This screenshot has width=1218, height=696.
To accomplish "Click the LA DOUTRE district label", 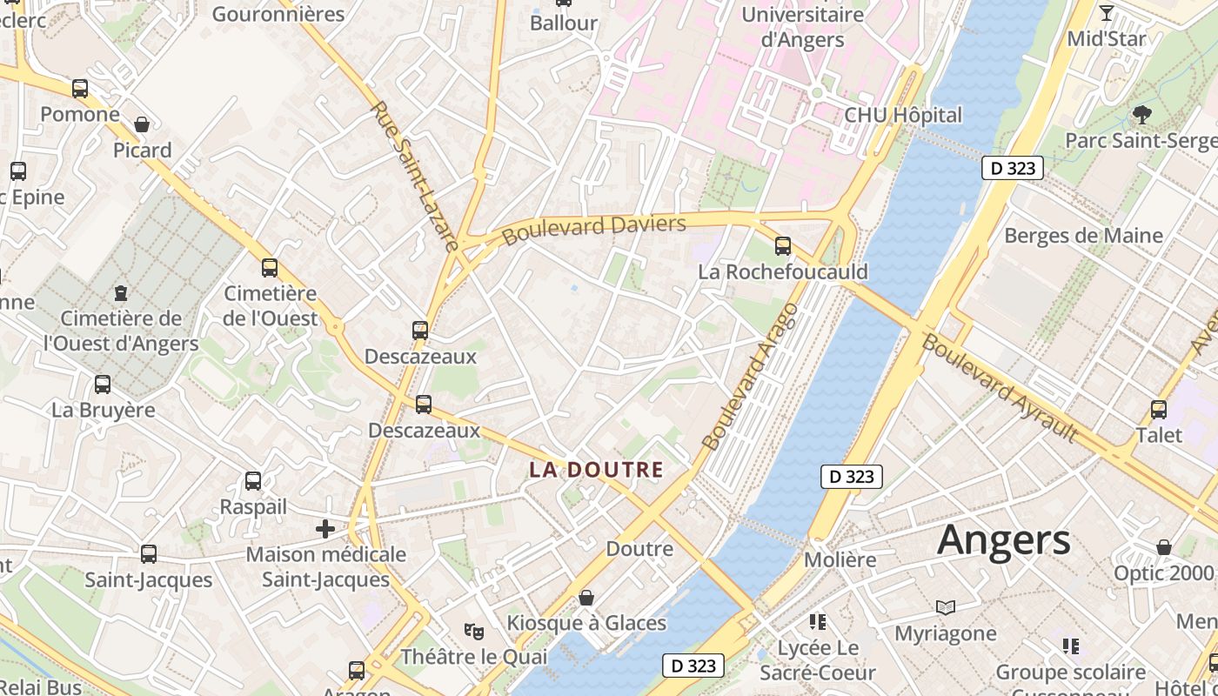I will point(596,471).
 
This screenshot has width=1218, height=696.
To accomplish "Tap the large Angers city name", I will point(1004,540).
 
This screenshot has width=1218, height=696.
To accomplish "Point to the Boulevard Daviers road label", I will point(594,230).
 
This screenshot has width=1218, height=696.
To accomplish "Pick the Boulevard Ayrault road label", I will point(1000,387).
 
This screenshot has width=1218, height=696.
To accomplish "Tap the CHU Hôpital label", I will point(903,115).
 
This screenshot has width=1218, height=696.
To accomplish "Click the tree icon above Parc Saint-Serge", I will point(1141,114).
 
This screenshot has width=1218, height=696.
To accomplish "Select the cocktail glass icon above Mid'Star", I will point(1107,13).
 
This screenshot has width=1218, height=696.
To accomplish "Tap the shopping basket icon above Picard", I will point(142,125).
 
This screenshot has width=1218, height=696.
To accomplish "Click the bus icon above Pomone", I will point(80,89).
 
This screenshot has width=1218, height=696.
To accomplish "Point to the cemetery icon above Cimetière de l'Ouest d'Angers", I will point(120,293).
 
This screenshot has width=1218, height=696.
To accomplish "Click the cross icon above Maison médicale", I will point(325,528).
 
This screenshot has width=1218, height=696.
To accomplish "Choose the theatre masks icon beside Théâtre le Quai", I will point(473,631).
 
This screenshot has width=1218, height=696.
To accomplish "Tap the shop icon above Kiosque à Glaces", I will point(586,598).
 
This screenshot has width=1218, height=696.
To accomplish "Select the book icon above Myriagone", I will point(945,607).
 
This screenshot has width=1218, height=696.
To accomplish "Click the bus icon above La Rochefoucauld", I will point(783,246).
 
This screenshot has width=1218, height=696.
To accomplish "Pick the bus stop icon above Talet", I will point(1159,410).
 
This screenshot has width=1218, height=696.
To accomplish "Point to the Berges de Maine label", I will point(1083,236).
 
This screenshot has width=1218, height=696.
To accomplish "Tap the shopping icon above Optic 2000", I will point(1163,547).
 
